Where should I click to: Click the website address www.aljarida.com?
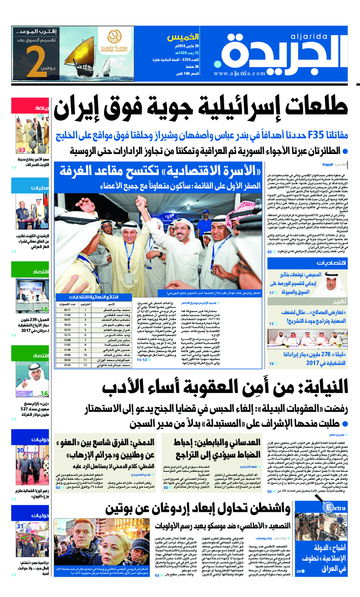pos(241,74)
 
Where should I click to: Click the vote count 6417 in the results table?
pos(68,310)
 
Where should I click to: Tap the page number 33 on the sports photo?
pos(22,150)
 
